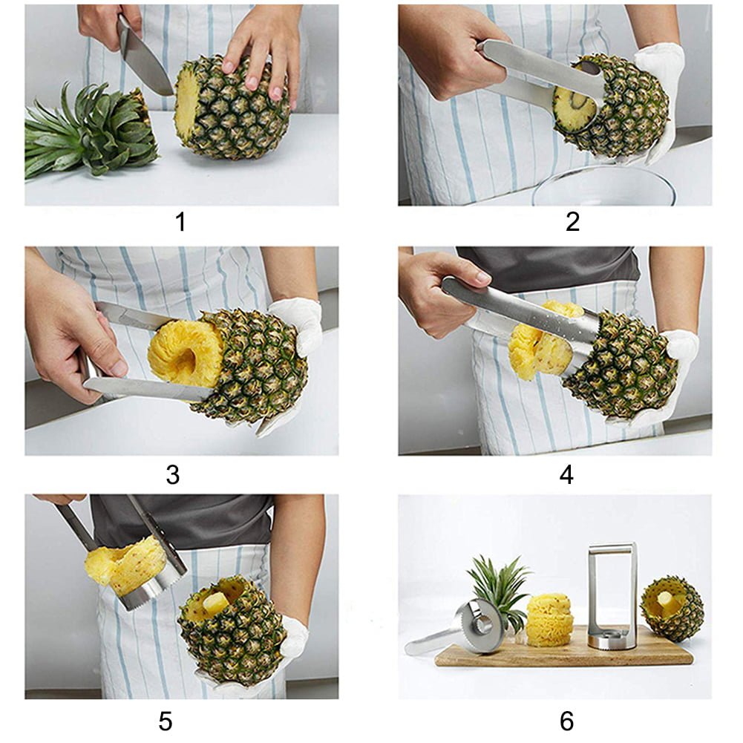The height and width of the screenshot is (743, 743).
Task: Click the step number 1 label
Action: (x=180, y=221)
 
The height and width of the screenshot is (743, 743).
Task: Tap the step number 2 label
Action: (x=572, y=221)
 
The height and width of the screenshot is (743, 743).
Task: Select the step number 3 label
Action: (x=172, y=474)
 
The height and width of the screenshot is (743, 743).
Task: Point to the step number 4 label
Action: (x=566, y=474)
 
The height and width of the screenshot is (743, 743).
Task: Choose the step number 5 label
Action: (x=166, y=721)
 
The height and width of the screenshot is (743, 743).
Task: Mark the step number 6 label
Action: (x=566, y=721)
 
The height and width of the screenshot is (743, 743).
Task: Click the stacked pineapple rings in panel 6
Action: (x=550, y=619)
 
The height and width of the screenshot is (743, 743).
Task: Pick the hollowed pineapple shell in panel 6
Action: (x=672, y=609)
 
